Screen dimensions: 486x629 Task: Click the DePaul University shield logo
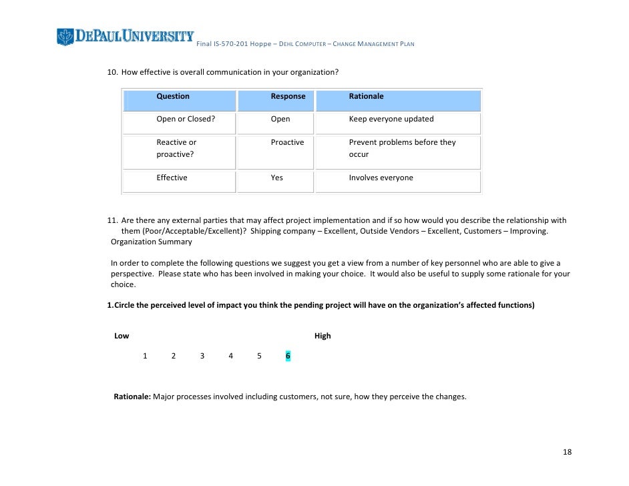click(65, 37)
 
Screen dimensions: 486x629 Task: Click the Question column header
click(173, 97)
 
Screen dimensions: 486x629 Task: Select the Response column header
click(288, 97)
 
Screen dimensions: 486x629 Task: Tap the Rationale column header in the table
click(366, 97)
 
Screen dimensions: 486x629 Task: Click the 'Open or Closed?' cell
click(186, 119)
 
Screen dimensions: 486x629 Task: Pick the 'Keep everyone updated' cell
click(391, 119)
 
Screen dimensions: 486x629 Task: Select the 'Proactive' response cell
click(287, 143)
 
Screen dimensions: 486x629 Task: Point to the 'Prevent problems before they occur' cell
click(401, 148)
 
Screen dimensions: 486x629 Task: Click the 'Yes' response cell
click(276, 178)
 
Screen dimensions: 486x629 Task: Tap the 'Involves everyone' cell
click(381, 178)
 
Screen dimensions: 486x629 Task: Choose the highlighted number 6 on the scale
click(288, 356)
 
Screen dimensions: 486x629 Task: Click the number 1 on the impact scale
click(145, 356)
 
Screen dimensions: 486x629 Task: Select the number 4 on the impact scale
click(230, 356)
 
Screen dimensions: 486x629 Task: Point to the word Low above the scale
click(122, 336)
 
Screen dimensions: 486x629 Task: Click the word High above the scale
click(323, 336)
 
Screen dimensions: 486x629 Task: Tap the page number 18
click(567, 453)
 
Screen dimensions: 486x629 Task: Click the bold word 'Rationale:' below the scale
click(132, 397)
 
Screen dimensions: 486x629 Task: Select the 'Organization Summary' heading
click(151, 242)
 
